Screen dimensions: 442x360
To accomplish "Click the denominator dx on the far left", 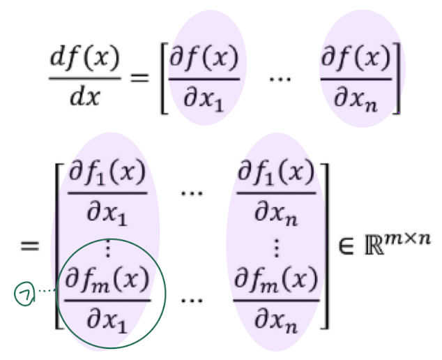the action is pyautogui.click(x=86, y=96).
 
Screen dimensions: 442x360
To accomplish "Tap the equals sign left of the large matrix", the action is pyautogui.click(x=30, y=246).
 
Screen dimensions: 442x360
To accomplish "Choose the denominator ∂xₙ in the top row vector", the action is pyautogui.click(x=356, y=97).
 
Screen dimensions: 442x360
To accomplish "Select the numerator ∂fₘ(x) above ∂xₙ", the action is pyautogui.click(x=275, y=283).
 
